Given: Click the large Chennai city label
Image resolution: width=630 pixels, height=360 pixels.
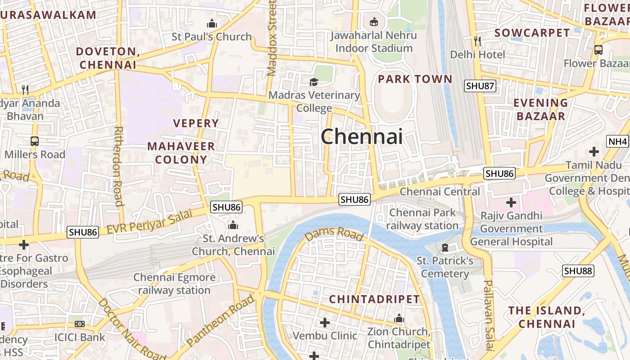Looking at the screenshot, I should point(362,136).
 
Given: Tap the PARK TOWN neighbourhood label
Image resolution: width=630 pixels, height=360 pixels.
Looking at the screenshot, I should point(415,79).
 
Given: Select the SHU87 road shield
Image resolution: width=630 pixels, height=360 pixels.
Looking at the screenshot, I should point(480,86).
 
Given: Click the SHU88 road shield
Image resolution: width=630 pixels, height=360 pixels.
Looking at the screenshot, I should point(578,271).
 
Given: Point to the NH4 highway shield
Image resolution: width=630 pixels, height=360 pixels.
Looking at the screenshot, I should point(617,142).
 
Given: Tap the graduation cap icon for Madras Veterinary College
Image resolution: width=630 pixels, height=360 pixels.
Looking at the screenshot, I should point(314,82).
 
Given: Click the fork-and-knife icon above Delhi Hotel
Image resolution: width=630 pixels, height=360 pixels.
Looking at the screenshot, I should point(477,41).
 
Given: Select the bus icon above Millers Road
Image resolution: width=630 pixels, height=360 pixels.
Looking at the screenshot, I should point(35,141).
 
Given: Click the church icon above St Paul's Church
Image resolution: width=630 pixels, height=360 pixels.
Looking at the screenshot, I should point(211,24).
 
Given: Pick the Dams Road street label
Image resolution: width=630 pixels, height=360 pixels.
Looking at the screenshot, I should point(334,234).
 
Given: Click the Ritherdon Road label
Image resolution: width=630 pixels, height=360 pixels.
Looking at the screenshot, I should point(119,166).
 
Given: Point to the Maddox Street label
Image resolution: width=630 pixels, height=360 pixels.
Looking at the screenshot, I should point(272,38).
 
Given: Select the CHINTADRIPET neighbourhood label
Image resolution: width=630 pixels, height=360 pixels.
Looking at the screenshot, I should point(374,299).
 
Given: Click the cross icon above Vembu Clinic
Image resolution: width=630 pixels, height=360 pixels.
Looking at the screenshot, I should point(324,323).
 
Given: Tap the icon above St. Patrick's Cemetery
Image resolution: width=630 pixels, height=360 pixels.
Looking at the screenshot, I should point(445,247).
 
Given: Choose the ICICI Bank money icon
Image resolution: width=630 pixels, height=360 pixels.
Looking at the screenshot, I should point(80,324).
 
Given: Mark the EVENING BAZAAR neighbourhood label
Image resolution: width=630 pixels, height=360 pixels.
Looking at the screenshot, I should point(540,109).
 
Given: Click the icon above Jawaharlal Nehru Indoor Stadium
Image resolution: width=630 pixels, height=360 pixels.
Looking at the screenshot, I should point(373,22).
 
